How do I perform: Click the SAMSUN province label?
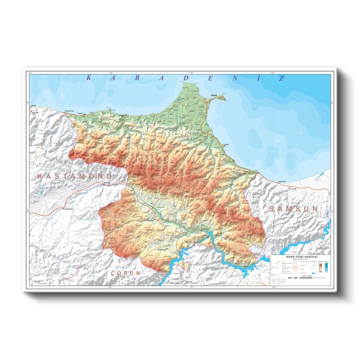pos(293,209)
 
